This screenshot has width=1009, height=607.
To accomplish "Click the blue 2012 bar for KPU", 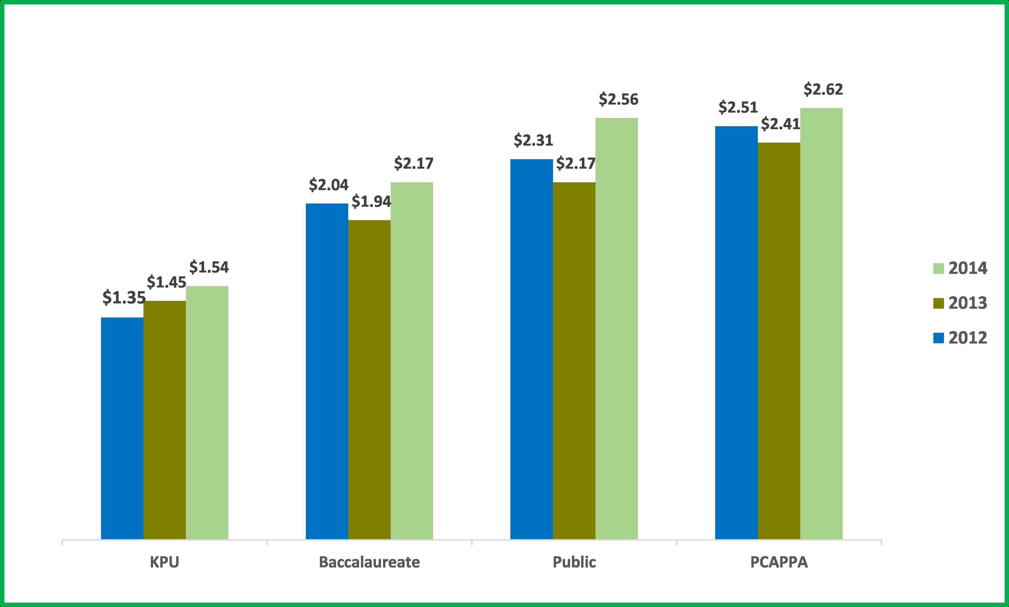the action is tap(122, 428).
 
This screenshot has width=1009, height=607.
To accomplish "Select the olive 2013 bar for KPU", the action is tap(165, 420).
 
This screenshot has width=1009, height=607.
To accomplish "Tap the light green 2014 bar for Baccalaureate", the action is tap(412, 361).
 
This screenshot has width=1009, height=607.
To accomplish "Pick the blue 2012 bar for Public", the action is tap(531, 349).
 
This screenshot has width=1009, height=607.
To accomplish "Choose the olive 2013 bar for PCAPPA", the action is tap(779, 341).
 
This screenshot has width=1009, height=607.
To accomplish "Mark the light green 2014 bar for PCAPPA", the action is tap(821, 323).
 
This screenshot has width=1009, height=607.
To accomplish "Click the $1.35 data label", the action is tap(124, 298).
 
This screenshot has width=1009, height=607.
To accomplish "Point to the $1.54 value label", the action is tap(209, 267).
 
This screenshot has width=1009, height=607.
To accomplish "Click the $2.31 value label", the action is tap(533, 140).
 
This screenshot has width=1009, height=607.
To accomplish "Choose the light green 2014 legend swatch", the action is tap(939, 268).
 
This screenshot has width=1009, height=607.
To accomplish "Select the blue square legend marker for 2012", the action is tap(939, 338).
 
